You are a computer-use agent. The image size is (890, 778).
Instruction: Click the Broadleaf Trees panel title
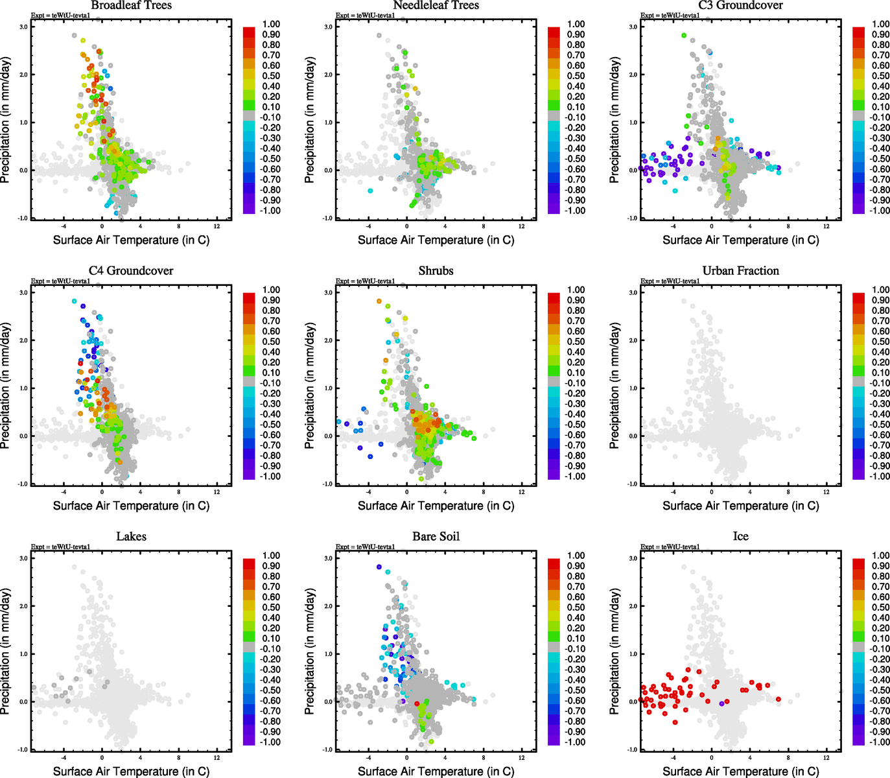[x=131, y=5]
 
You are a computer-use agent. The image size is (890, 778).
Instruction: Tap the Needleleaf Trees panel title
[x=436, y=5]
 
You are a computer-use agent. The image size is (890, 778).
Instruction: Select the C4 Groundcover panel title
[x=131, y=271]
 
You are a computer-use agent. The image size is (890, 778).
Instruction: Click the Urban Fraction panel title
[x=740, y=271]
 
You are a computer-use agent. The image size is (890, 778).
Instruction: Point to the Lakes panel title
[x=131, y=537]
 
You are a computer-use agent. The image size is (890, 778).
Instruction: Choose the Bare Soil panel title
[x=436, y=537]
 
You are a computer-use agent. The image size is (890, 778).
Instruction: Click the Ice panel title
[x=740, y=537]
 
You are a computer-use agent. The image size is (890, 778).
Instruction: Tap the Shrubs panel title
[x=436, y=271]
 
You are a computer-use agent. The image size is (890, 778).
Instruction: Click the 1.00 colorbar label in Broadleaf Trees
[x=271, y=24]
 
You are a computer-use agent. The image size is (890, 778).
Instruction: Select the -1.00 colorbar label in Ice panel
[x=880, y=742]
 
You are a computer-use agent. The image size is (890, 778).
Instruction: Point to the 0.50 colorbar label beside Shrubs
[x=576, y=342]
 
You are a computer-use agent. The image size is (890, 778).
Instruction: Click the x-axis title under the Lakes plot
[x=131, y=772]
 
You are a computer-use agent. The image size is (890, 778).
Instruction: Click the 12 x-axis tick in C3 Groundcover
[x=826, y=226]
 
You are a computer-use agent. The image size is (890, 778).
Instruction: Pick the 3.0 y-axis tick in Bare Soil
[x=328, y=558]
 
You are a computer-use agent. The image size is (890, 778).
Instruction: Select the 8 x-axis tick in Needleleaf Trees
[x=484, y=226]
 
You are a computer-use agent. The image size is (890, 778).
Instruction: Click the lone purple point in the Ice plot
[x=721, y=703]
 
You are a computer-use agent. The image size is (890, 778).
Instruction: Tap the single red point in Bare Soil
[x=417, y=703]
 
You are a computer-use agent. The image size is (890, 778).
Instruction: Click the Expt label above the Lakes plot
[x=60, y=547]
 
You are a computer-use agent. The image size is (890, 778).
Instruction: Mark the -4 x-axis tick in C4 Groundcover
[x=64, y=492]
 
